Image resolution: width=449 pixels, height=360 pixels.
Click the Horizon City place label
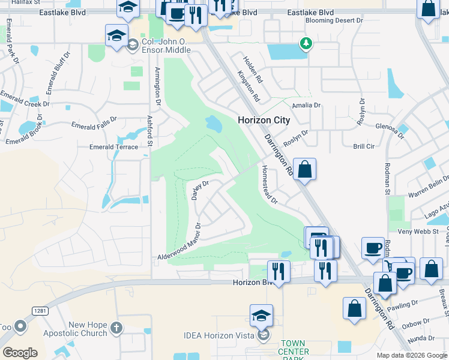click(264, 120)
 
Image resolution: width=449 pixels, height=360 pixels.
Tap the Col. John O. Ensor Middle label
click(173, 42)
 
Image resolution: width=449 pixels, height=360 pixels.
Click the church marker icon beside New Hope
click(116, 328)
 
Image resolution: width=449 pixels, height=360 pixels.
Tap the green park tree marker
click(306, 43)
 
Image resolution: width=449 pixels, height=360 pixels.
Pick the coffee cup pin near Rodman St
click(373, 248)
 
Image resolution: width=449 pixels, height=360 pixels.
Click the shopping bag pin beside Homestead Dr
click(304, 169)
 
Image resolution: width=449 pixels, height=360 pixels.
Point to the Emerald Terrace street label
click(113, 146)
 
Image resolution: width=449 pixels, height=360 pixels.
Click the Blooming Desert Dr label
click(335, 20)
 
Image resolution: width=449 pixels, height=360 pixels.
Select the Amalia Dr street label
click(306, 105)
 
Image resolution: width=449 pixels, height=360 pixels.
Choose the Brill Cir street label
click(364, 146)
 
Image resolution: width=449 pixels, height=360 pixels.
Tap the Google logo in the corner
click(20, 353)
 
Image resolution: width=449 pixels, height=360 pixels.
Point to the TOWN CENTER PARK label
click(294, 350)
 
